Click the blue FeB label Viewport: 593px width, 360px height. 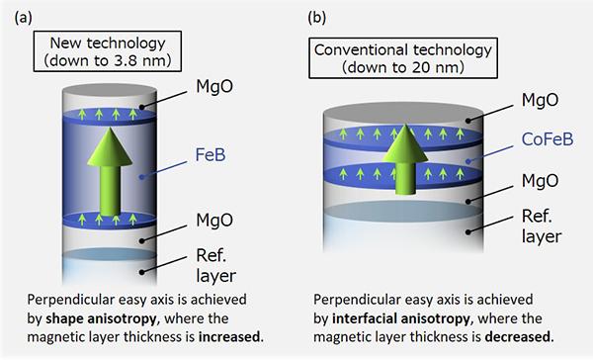(211, 155)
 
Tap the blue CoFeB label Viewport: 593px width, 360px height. (548, 138)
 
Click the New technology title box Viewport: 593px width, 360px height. (108, 51)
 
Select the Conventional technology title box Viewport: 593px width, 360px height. (403, 58)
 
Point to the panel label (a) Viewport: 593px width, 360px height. (24, 18)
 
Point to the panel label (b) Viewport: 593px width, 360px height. (317, 18)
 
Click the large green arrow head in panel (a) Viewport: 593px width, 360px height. (110, 146)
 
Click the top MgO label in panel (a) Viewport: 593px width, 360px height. (214, 86)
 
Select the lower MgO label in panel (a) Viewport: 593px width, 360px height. (214, 220)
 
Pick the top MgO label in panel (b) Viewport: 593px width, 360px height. (540, 100)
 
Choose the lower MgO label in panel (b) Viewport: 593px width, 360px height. (540, 180)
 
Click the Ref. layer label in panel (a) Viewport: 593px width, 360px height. (215, 266)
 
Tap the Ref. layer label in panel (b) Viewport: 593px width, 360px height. (542, 226)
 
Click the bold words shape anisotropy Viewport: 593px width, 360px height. (101, 318)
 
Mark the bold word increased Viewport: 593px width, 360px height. (230, 336)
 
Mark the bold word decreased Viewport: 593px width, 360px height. (518, 336)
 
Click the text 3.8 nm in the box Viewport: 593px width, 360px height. (141, 60)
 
